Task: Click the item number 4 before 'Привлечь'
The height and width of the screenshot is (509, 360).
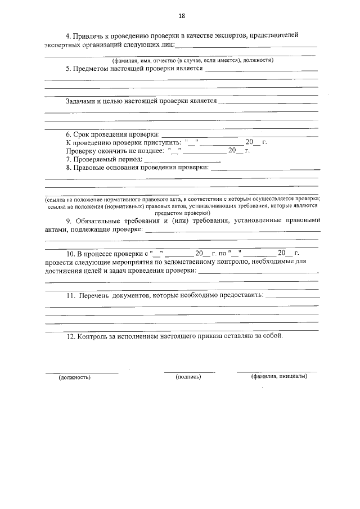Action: (68, 35)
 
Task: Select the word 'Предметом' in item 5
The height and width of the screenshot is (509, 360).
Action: (92, 69)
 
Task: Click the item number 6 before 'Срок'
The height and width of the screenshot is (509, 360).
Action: (68, 134)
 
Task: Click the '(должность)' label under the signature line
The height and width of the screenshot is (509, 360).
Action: (75, 377)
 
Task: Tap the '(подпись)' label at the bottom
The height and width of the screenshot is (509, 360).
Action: (188, 376)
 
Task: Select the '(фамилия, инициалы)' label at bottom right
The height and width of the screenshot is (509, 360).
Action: (279, 376)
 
